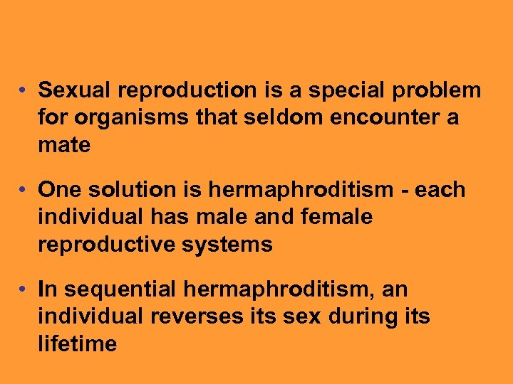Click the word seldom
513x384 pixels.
coord(276,118)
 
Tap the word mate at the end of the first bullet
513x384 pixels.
coord(64,146)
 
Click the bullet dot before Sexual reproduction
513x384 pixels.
coord(24,91)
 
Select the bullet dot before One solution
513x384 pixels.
coord(24,191)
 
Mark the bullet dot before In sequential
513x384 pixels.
coord(24,290)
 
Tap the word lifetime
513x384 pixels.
coord(77,344)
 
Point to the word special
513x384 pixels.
coord(341,91)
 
